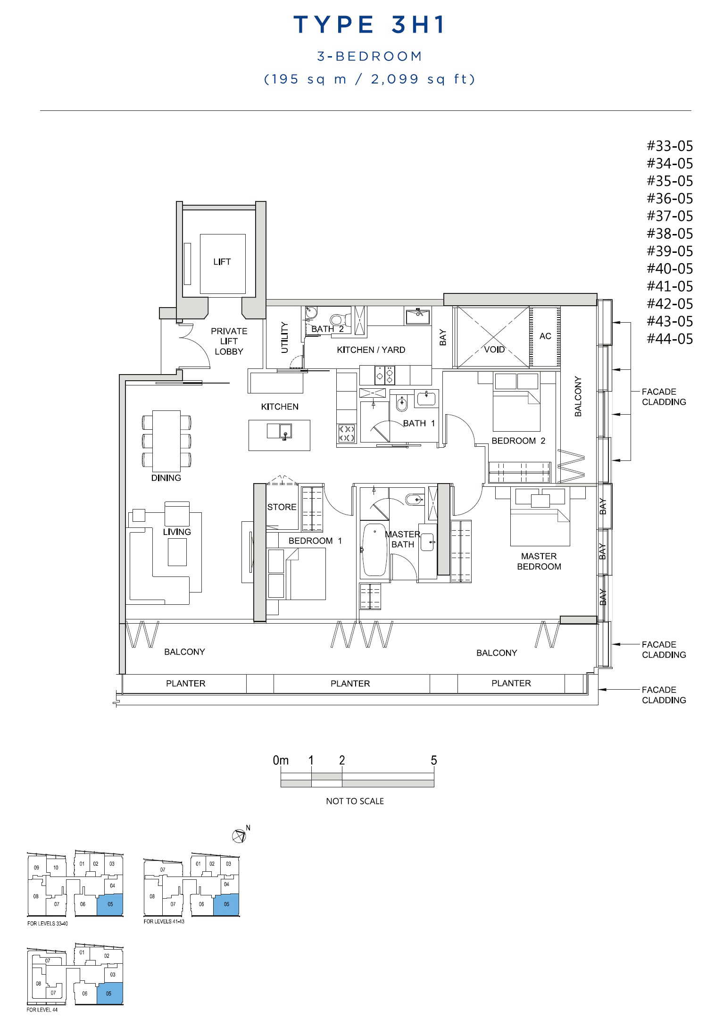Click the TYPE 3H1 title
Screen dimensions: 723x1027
click(369, 25)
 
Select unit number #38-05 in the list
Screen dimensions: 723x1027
click(670, 234)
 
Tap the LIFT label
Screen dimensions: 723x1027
click(222, 262)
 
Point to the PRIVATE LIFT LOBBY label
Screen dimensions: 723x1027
click(229, 341)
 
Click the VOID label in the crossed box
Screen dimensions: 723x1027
click(494, 350)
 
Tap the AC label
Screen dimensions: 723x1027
click(545, 336)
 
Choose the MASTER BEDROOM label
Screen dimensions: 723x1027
click(539, 561)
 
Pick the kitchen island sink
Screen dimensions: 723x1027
click(279, 431)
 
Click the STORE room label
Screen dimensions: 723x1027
click(282, 507)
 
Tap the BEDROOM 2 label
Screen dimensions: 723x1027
click(518, 441)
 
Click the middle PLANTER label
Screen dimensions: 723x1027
click(350, 684)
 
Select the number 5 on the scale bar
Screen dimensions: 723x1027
click(434, 760)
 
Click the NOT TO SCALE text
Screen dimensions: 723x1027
click(355, 801)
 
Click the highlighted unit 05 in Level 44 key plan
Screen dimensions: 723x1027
click(110, 994)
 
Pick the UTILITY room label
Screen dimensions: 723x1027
click(284, 337)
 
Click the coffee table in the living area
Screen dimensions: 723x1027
click(177, 552)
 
